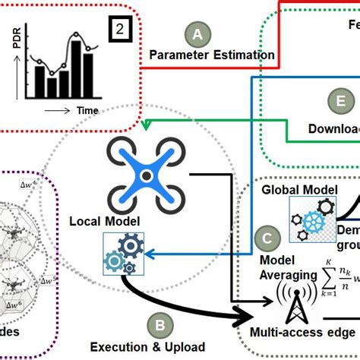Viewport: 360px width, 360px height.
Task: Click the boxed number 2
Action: [122, 30]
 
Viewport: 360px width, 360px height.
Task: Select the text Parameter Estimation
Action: [212, 55]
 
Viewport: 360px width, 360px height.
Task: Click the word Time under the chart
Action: [85, 110]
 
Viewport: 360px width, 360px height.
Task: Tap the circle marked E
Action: [341, 101]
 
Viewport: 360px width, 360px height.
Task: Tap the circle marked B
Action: [159, 326]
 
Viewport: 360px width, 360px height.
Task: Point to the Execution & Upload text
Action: [148, 347]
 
